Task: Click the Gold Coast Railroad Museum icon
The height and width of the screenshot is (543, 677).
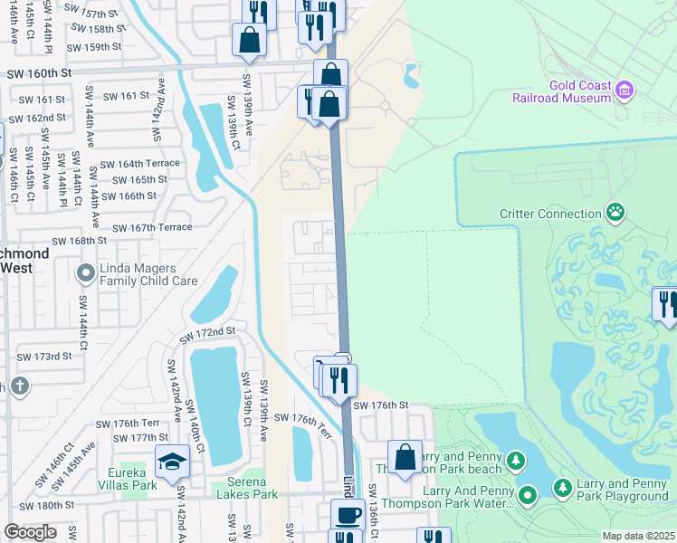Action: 625,90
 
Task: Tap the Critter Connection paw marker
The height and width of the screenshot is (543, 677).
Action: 615,213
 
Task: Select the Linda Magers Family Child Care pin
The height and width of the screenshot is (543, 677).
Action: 86,272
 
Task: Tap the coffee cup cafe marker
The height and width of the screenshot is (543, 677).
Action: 347,516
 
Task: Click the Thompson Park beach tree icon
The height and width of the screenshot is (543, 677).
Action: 515,461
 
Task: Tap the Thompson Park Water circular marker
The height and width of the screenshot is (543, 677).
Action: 528,494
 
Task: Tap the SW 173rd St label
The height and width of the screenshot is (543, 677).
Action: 45,357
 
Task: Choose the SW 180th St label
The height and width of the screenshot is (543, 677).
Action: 47,505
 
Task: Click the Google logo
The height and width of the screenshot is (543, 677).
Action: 30,531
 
